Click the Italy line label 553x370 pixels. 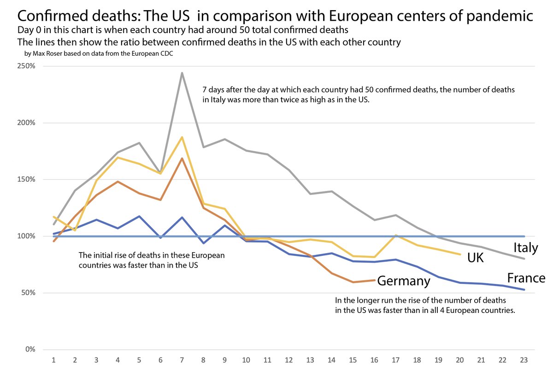525,248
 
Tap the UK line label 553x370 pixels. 475,258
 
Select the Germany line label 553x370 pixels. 404,281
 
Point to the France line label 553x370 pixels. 526,278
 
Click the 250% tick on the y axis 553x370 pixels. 26,66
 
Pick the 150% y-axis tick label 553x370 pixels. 26,179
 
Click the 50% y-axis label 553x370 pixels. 28,293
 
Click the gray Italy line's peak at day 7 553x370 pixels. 182,73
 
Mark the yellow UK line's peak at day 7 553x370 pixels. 182,137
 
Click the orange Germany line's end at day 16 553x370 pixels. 375,280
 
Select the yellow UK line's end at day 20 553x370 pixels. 460,254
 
